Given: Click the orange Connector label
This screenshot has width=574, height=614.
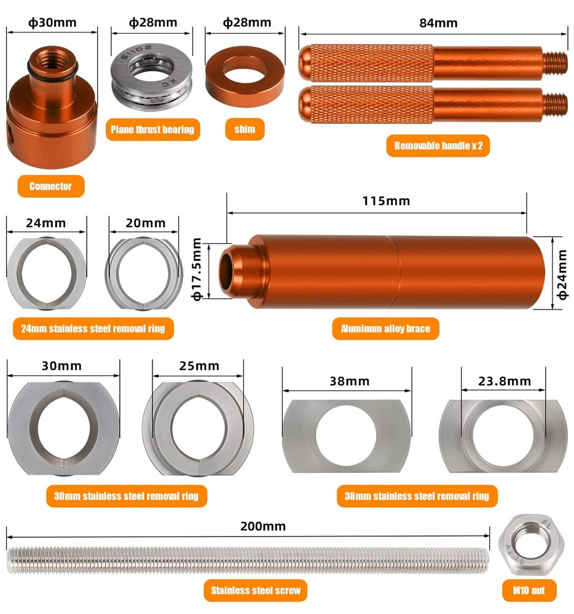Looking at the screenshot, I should (x=50, y=186).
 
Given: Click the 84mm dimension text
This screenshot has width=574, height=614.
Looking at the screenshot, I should (x=439, y=23).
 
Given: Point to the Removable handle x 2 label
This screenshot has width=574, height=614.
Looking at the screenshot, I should (x=438, y=146).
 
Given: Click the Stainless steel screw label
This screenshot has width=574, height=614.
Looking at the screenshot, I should (x=255, y=590).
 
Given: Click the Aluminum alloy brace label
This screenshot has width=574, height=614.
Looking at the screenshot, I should (x=385, y=328).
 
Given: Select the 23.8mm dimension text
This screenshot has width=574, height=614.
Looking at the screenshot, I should (x=504, y=381).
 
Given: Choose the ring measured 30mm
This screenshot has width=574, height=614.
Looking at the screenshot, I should (x=63, y=427).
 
